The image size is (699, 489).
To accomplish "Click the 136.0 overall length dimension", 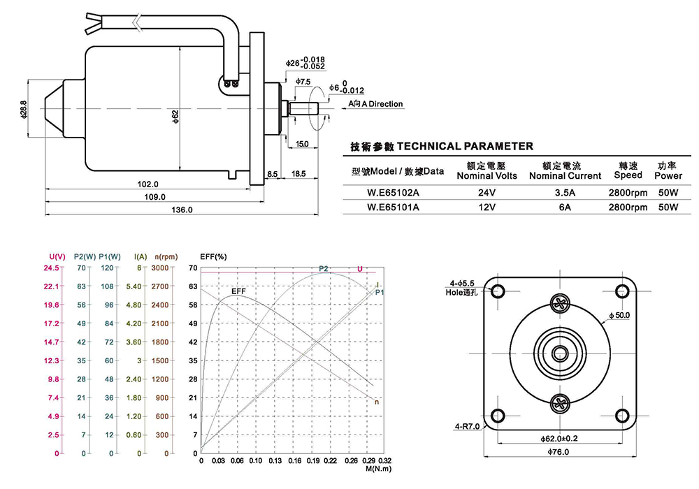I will click(182, 210).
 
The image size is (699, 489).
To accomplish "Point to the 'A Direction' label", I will click(376, 104).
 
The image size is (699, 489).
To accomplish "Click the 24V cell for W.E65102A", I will click(487, 191).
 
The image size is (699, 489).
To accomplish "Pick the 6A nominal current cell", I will click(564, 207).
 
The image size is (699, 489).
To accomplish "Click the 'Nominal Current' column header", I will click(564, 175).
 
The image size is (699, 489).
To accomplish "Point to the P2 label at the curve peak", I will click(323, 269).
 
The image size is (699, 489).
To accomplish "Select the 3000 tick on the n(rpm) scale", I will click(160, 268).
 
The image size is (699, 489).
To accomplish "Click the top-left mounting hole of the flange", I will click(499, 291).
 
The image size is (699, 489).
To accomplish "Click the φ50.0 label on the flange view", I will click(619, 315).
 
